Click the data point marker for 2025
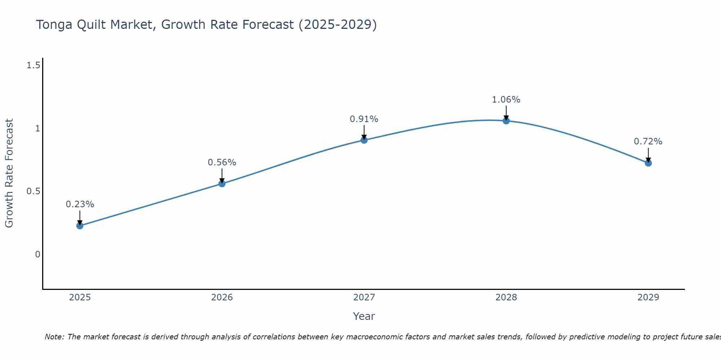80,226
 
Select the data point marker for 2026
222,184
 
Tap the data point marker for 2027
364,140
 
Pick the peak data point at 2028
506,121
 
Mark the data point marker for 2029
648,163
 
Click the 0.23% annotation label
80,204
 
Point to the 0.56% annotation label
222,162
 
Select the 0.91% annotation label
364,119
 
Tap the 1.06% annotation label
506,100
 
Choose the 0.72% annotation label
648,142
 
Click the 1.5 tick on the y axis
33,65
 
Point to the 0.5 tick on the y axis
33,191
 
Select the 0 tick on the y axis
37,255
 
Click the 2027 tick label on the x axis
364,297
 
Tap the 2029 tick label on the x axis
648,297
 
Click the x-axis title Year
364,316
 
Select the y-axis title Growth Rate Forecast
9,173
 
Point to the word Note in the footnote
54,337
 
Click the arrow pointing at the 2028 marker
506,113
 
